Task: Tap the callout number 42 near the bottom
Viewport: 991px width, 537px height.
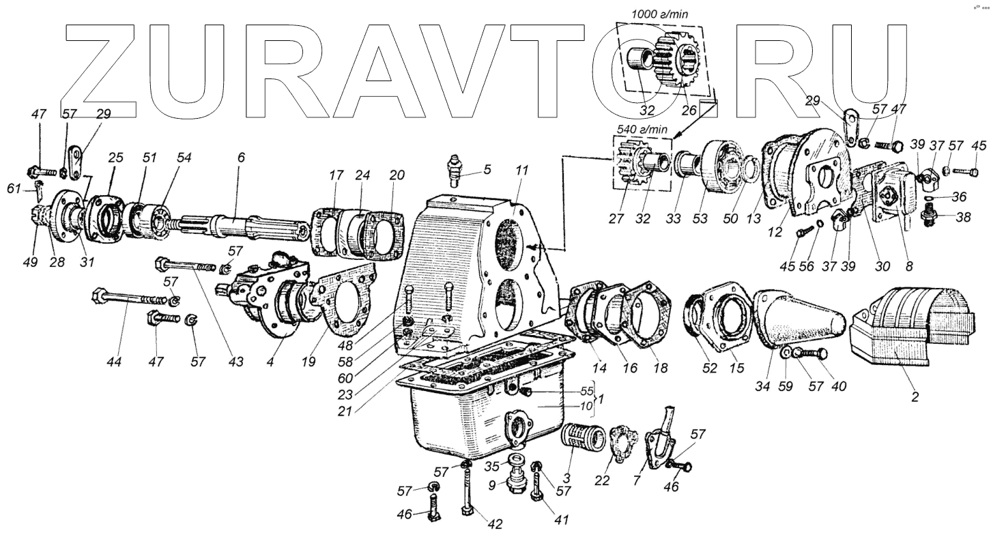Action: [495, 524]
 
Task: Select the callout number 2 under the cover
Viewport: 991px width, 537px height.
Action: [915, 396]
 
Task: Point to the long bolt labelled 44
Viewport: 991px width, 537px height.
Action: [130, 298]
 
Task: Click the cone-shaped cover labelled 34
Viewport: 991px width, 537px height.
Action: [796, 321]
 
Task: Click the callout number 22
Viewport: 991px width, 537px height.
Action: [601, 480]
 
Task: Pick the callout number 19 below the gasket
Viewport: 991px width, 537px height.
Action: [308, 362]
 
